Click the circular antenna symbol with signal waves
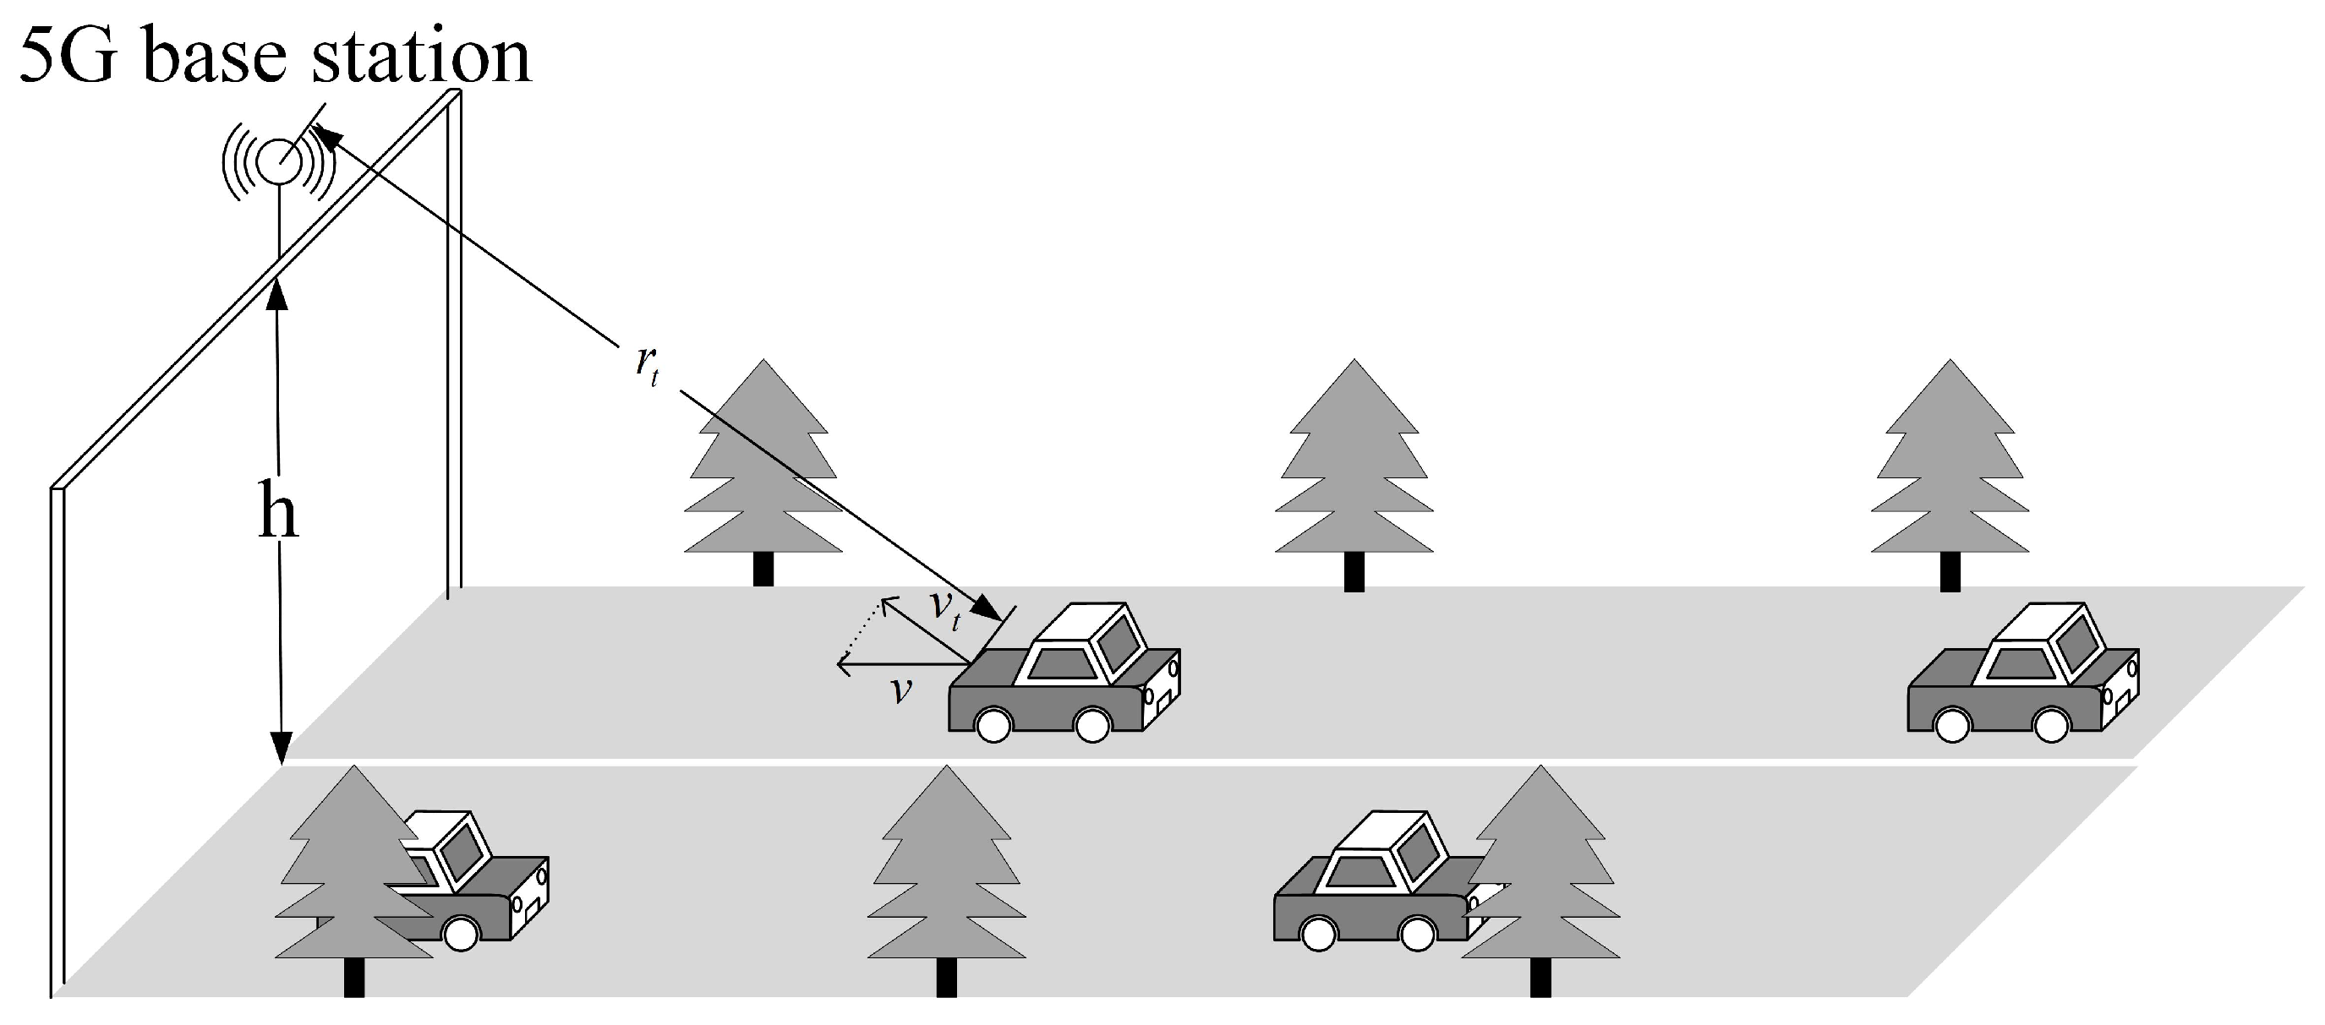[x=279, y=161]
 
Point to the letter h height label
[x=277, y=511]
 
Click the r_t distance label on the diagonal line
[x=647, y=364]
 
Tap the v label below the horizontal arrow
[x=900, y=690]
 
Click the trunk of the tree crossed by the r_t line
[x=763, y=570]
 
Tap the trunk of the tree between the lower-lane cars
[x=946, y=977]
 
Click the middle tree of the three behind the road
[x=1354, y=475]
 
